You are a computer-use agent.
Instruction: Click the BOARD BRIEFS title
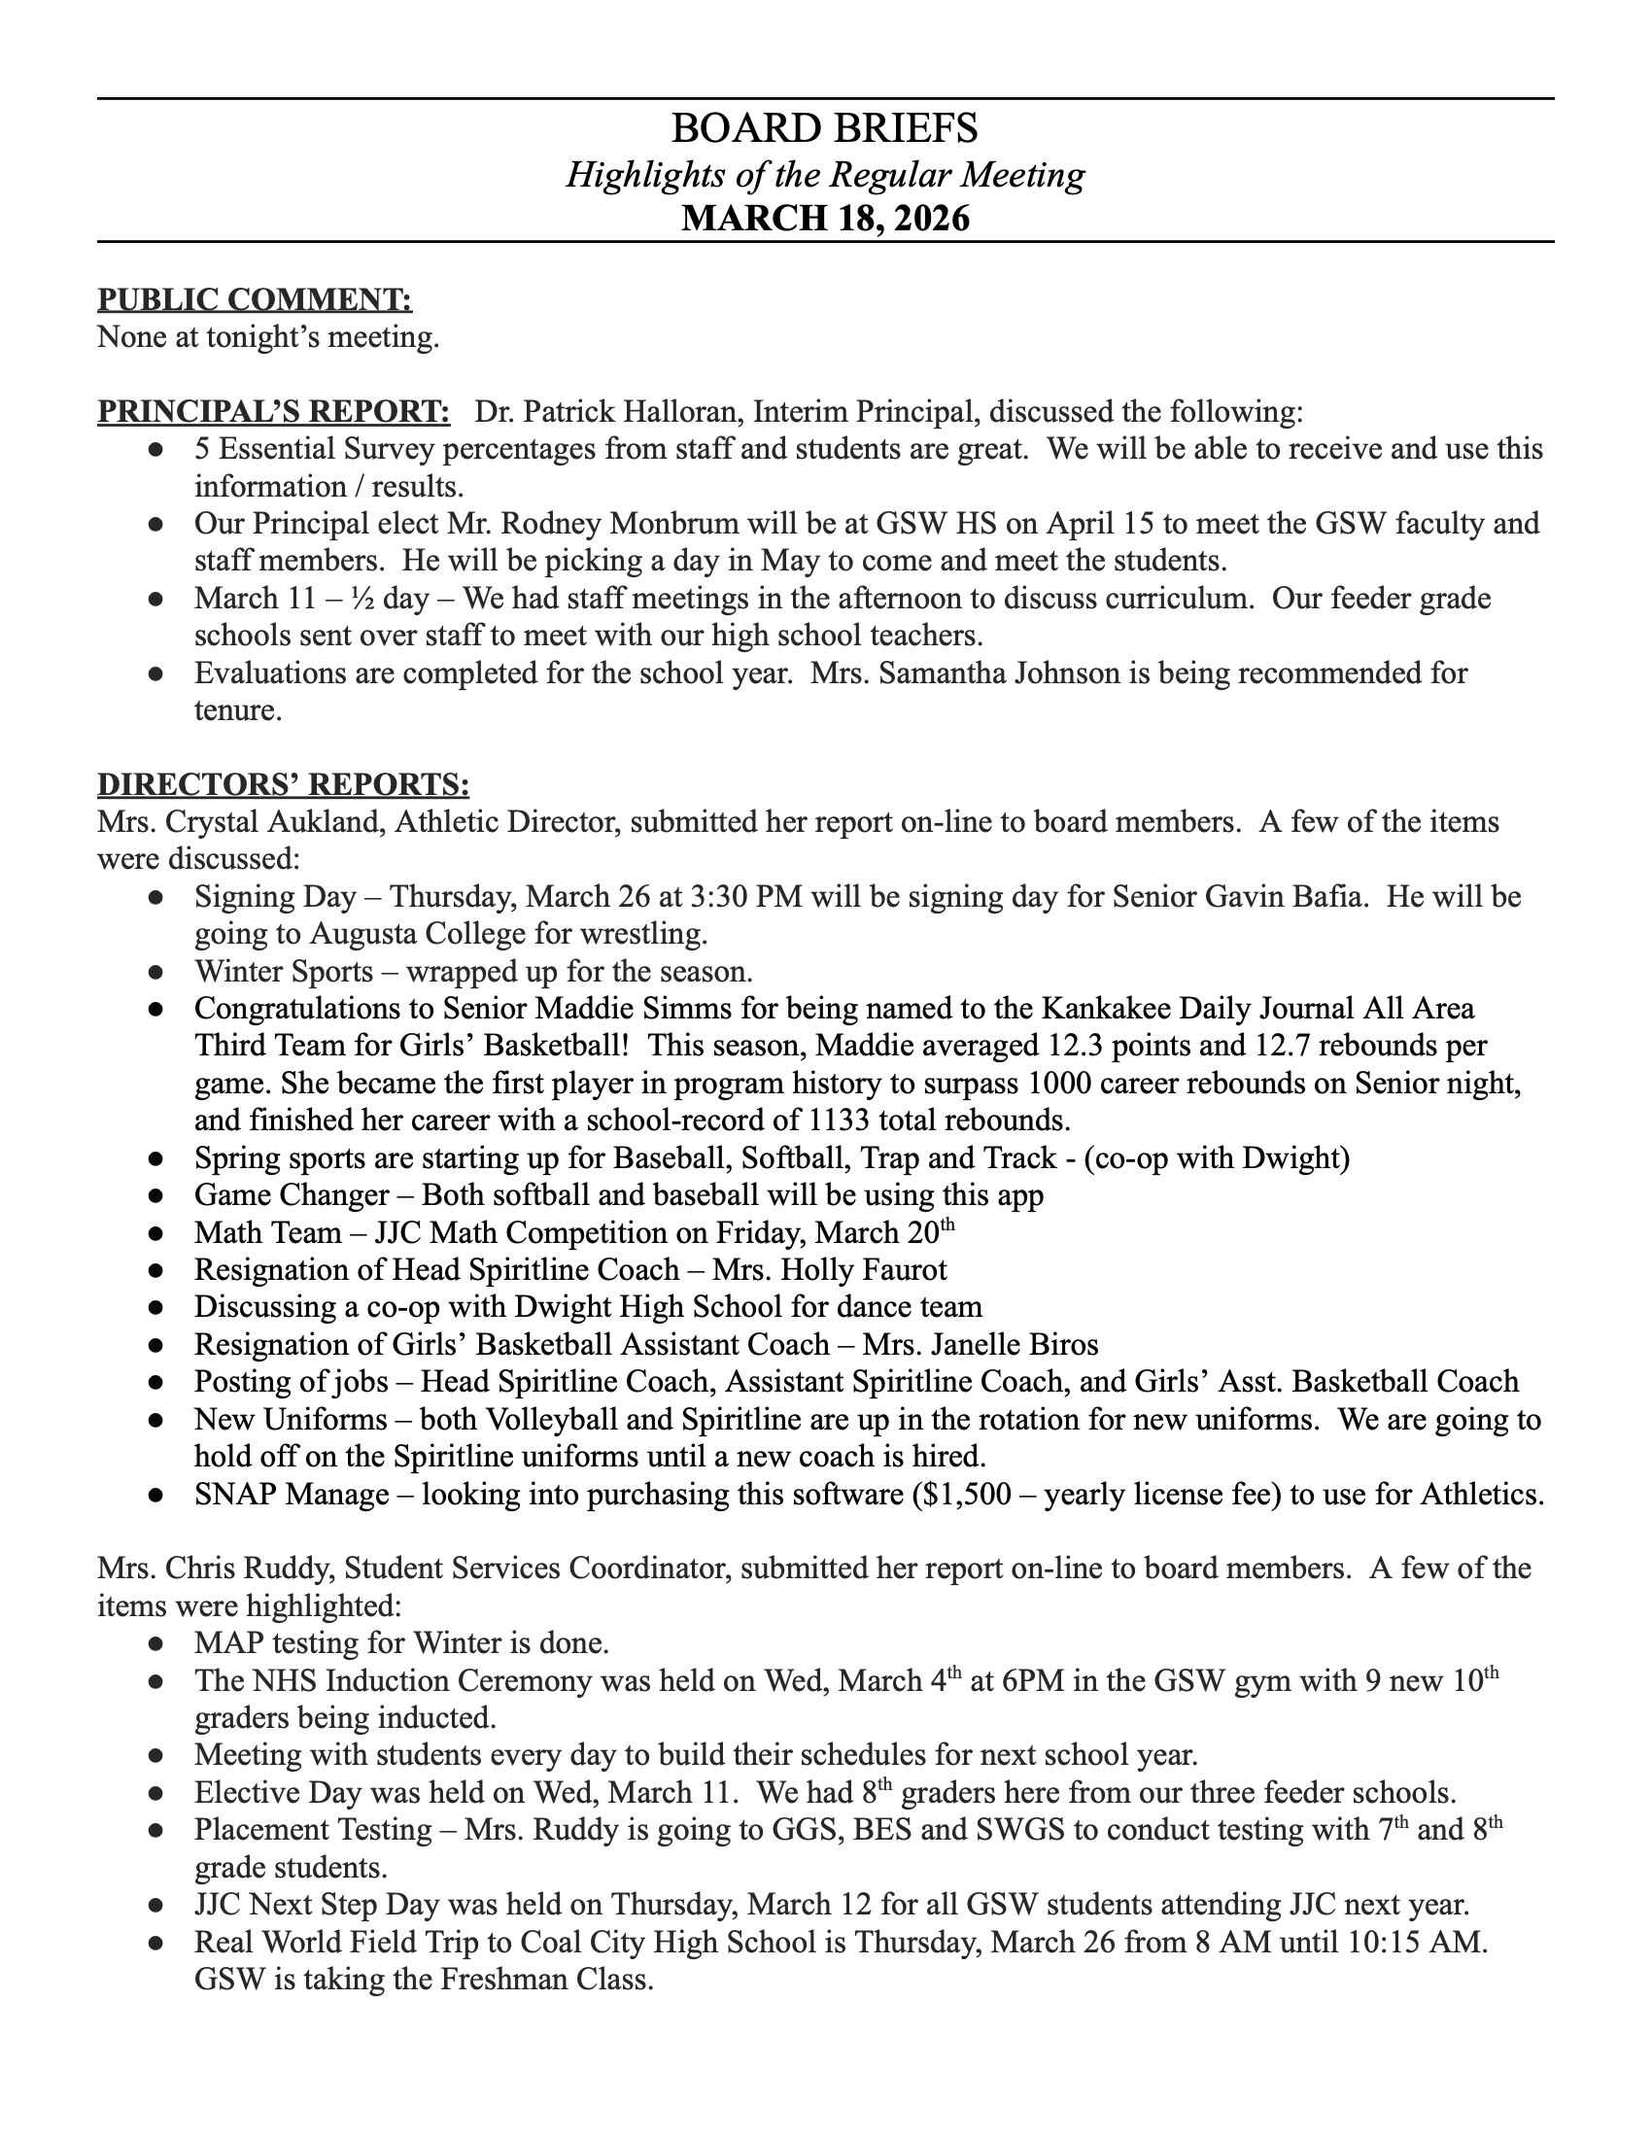point(825,128)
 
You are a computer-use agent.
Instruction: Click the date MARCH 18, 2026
point(825,218)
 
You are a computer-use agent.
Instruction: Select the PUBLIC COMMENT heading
point(255,299)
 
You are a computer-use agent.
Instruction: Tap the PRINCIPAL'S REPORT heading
point(274,412)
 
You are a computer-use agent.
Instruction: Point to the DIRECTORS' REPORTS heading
point(283,784)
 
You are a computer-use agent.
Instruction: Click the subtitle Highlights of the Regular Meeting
point(825,174)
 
